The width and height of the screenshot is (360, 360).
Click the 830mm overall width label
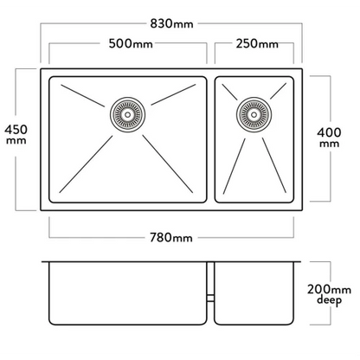tap(171, 23)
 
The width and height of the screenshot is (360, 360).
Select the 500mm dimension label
tap(131, 43)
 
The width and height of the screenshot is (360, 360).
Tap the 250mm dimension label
tap(257, 44)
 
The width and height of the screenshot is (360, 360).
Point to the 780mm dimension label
tap(171, 238)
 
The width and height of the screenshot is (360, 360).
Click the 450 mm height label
tap(16, 134)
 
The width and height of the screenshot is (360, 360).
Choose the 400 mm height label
tap(329, 138)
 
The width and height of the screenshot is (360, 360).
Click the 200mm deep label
tap(329, 294)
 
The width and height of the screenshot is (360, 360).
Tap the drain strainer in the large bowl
tap(127, 114)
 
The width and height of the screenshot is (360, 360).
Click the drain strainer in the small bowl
tap(254, 114)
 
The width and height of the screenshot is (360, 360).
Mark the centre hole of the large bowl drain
tap(127, 114)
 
